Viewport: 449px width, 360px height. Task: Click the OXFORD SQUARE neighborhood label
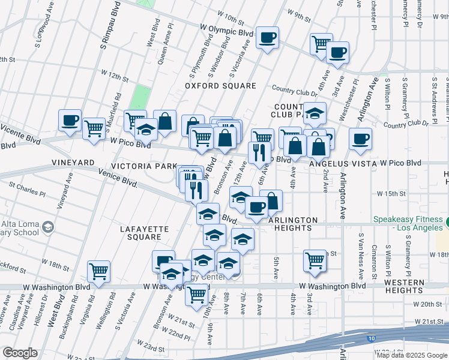pos(212,86)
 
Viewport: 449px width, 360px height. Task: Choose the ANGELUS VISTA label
pos(343,163)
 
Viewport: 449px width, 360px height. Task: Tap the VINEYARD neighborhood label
pos(73,163)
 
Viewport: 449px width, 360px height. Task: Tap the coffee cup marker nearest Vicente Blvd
pos(70,120)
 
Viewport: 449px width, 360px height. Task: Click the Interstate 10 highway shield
pos(372,339)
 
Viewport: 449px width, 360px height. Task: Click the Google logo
pos(20,353)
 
